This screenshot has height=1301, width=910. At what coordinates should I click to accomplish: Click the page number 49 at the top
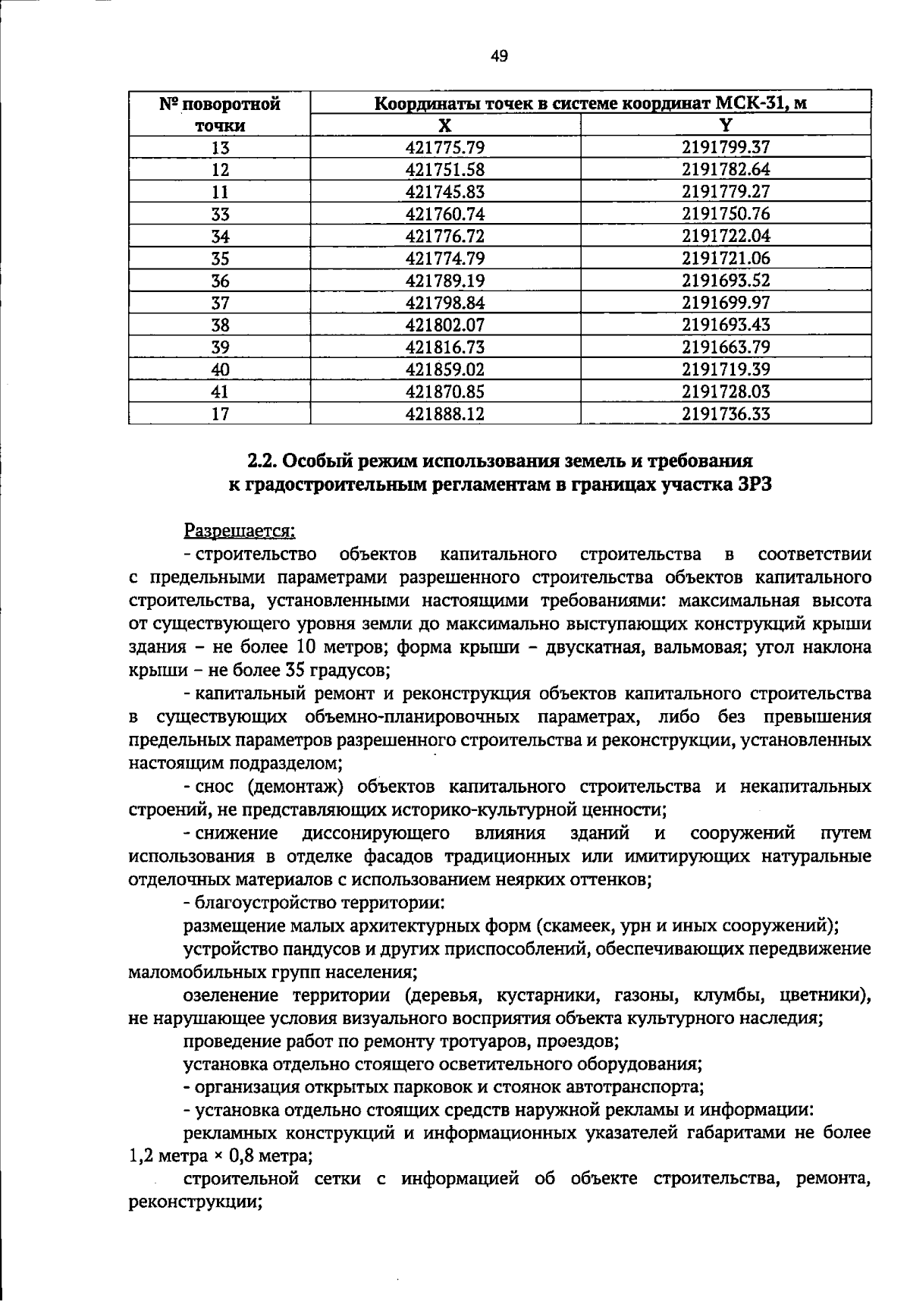[499, 55]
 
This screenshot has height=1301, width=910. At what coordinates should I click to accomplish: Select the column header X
[445, 126]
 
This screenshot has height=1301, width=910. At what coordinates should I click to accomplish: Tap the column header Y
[726, 126]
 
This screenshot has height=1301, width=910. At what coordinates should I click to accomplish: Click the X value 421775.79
[445, 147]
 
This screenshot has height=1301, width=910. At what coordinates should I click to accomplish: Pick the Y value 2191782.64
[726, 169]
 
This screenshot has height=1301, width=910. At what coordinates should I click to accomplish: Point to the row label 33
[220, 214]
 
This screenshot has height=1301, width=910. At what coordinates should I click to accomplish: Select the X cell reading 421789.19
[445, 281]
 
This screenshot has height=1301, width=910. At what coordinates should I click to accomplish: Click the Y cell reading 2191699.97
[726, 303]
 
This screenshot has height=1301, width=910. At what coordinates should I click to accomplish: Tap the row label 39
[220, 347]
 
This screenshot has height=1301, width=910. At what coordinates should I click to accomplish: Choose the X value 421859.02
[445, 369]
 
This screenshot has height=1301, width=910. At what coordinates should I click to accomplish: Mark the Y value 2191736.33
[726, 413]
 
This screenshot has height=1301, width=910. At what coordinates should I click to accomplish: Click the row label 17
[220, 413]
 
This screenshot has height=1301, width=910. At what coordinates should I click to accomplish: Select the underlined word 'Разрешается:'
[240, 530]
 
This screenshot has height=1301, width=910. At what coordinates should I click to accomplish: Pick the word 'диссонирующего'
[375, 834]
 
